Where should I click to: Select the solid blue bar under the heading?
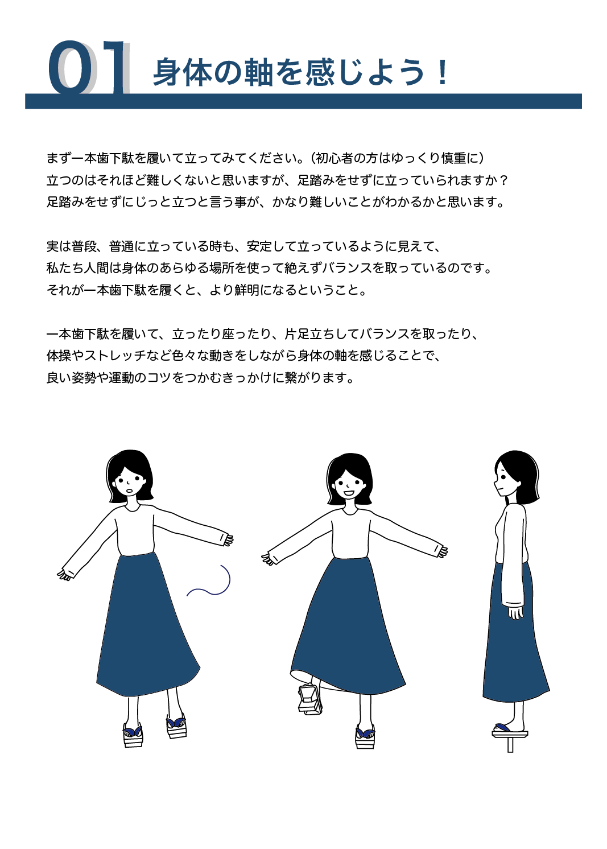[303, 101]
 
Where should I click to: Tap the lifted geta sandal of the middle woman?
[309, 699]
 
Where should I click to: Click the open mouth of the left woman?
[129, 491]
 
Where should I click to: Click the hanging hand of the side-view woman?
[515, 613]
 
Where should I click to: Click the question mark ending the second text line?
[503, 180]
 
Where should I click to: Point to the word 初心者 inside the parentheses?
[335, 158]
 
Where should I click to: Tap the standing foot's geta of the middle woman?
[365, 736]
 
